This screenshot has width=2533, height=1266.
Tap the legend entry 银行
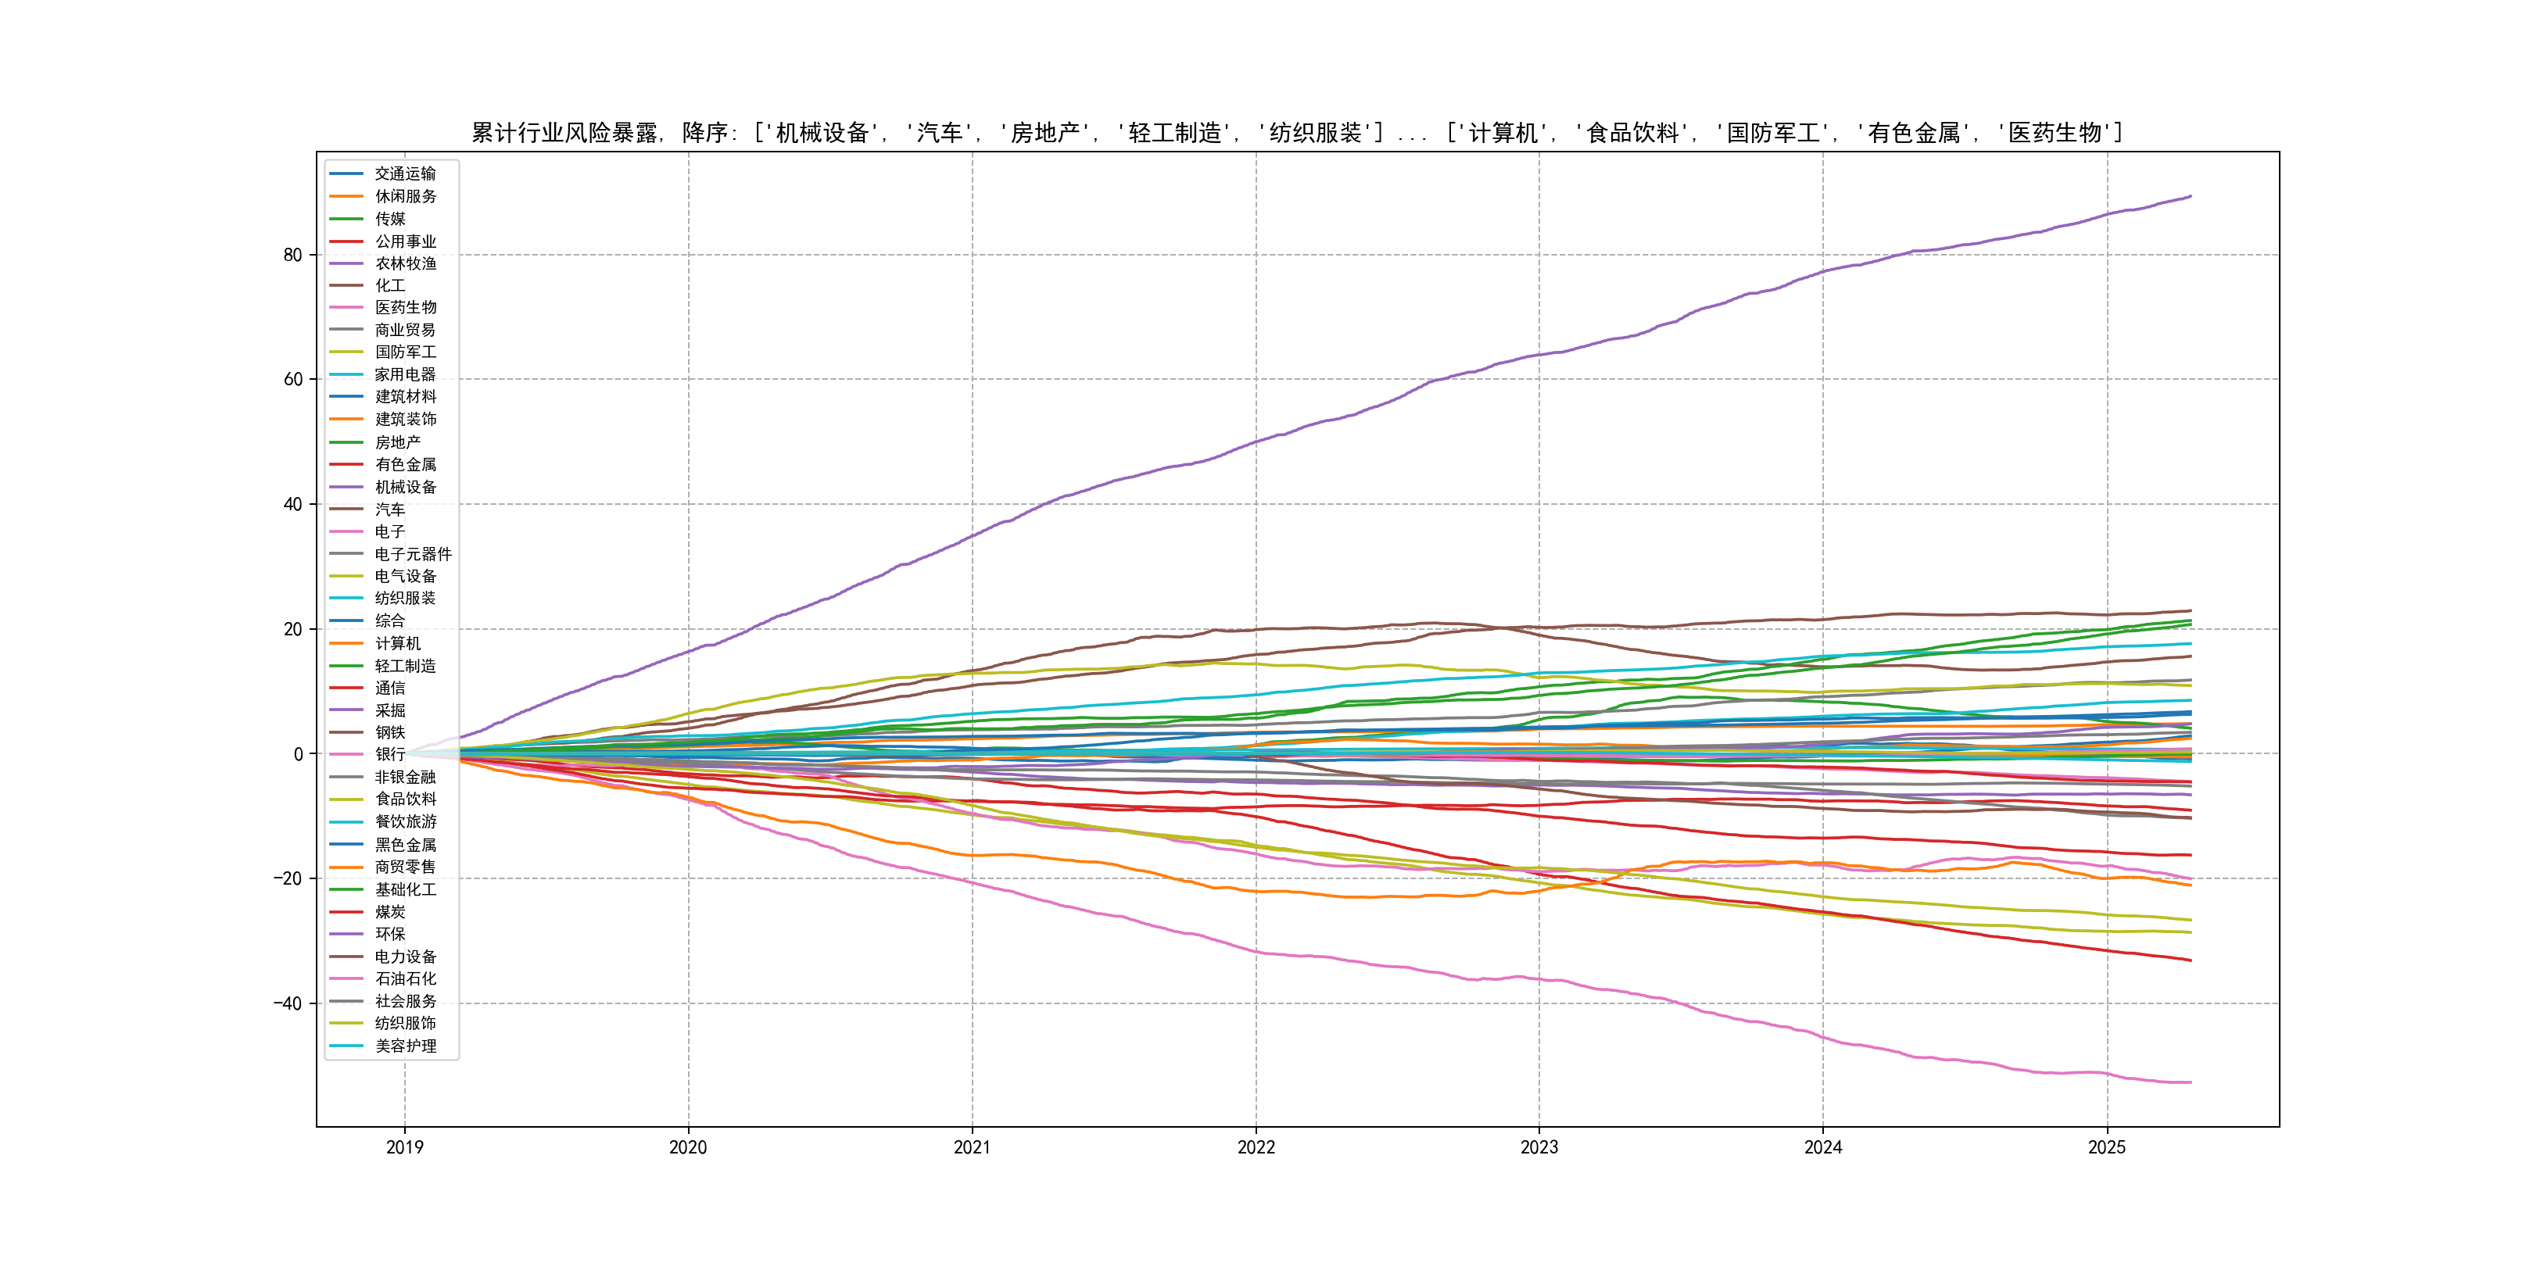point(389,755)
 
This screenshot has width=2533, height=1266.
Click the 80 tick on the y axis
point(292,256)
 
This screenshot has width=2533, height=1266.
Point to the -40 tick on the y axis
point(287,1003)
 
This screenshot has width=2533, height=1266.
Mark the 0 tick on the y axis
point(298,755)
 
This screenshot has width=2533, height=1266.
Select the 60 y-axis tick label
point(292,379)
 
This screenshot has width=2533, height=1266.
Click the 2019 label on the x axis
point(404,1147)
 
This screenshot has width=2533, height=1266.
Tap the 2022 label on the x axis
point(1256,1147)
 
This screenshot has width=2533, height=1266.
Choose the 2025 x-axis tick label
point(2106,1147)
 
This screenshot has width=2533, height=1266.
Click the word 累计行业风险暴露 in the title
point(564,133)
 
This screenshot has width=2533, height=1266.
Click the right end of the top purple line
point(2191,197)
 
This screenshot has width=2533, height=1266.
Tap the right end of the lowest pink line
point(2191,1082)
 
